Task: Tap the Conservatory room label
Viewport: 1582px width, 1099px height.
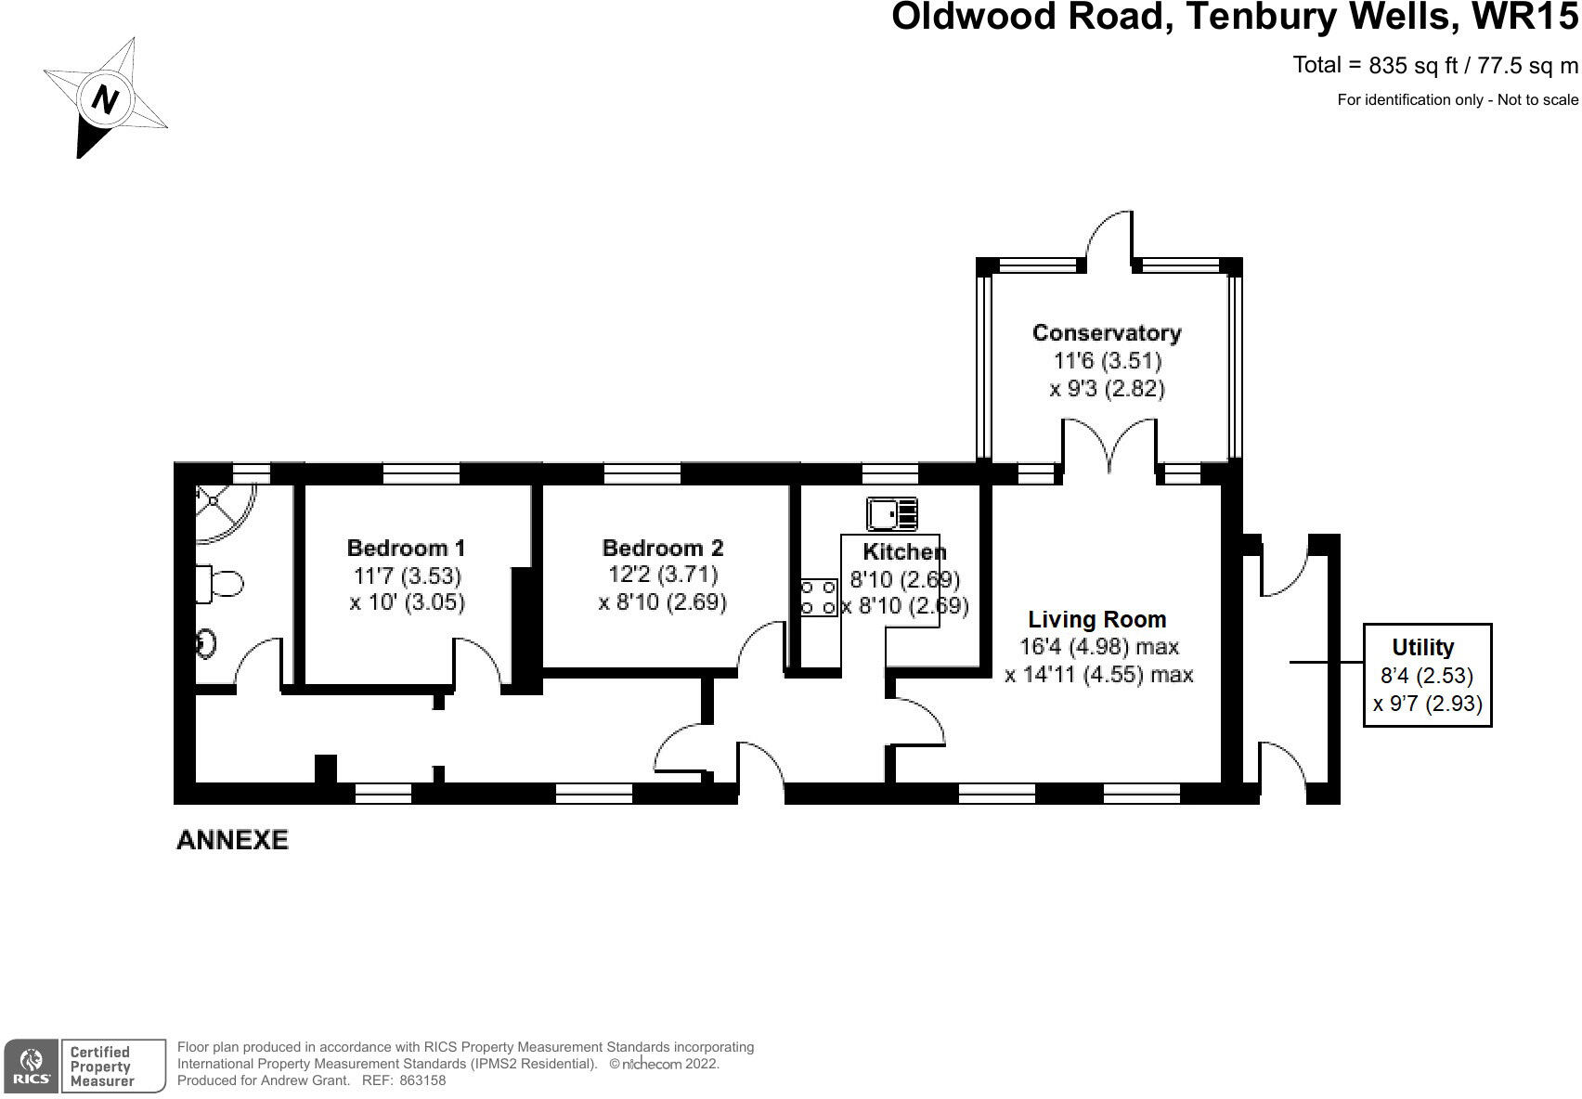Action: point(1107,332)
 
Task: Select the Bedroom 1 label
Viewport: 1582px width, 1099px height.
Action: point(406,548)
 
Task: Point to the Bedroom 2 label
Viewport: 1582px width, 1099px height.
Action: point(662,548)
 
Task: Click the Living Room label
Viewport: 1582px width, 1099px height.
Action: point(1096,619)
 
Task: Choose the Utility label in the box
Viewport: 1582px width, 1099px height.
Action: point(1422,647)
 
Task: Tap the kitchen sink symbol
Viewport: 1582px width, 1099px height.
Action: point(891,513)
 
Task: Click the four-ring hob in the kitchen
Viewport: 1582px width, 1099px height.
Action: point(819,597)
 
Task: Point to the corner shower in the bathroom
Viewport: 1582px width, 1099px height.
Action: point(220,511)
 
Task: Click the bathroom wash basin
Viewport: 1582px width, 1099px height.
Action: point(206,642)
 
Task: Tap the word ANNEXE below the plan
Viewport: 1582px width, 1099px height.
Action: point(232,840)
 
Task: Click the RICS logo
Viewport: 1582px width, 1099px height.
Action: point(31,1066)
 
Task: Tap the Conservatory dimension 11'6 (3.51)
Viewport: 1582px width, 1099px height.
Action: point(1107,360)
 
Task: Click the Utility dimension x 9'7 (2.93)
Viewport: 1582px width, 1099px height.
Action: point(1427,704)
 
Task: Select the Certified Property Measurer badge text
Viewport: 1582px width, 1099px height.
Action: point(100,1067)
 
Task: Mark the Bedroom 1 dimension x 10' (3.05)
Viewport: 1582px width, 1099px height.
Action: point(407,601)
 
